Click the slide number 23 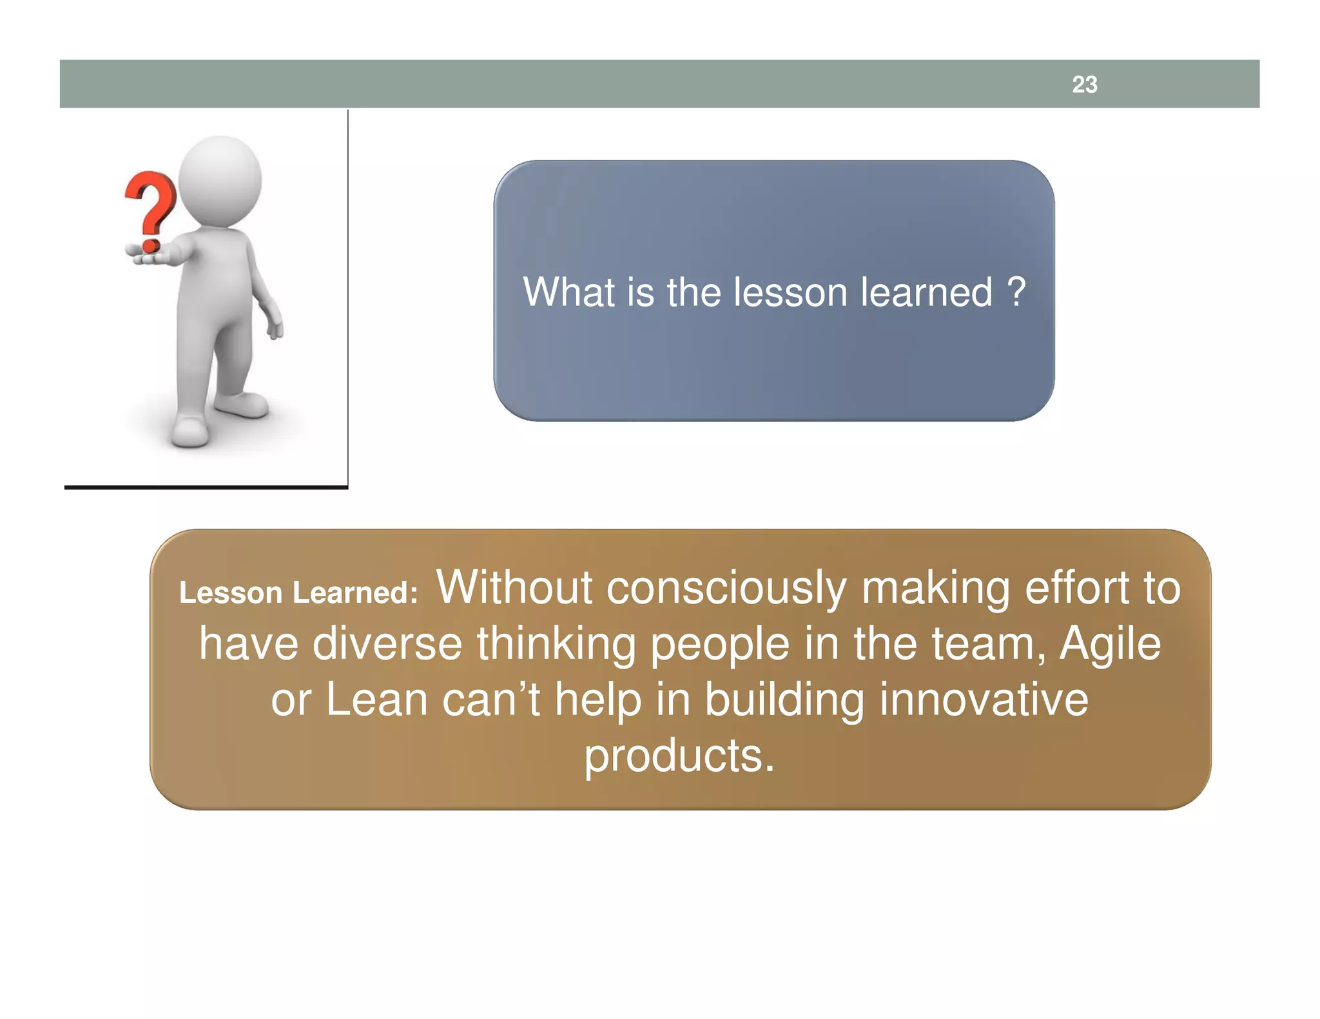click(x=1084, y=84)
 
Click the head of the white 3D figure click(x=220, y=180)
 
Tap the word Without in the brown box click(x=514, y=587)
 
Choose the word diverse click(x=387, y=643)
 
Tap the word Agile click(x=1110, y=645)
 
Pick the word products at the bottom click(x=678, y=756)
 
